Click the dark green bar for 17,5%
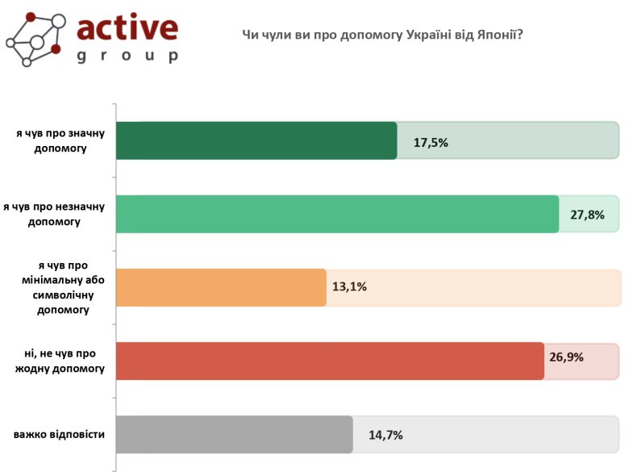[x=256, y=140]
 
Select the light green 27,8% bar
[x=337, y=214]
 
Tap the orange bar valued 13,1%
[x=221, y=287]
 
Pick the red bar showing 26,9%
[x=330, y=361]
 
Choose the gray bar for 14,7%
[x=235, y=434]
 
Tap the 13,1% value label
[x=349, y=286]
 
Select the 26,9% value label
[x=565, y=356]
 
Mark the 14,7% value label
[x=385, y=435]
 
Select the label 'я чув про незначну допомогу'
[x=54, y=214]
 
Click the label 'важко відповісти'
[x=59, y=435]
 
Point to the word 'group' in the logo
[x=127, y=56]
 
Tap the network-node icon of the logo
[x=35, y=38]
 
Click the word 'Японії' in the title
[x=499, y=35]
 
